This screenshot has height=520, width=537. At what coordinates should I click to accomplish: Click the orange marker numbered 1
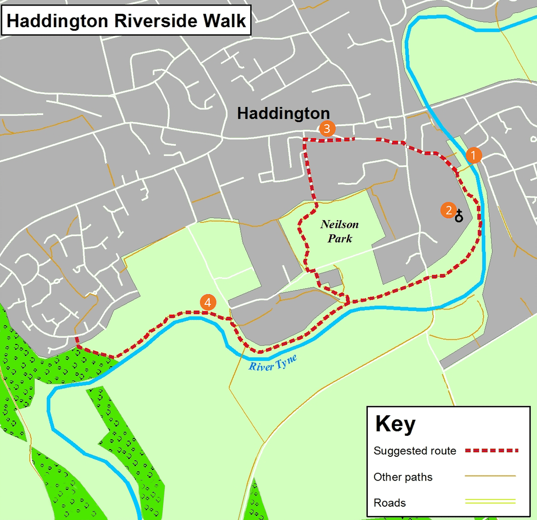pos(473,155)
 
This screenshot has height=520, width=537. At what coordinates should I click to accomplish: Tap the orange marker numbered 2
pos(448,210)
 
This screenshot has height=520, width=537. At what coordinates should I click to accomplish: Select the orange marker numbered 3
pos(327,128)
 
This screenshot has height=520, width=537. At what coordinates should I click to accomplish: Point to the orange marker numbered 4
pos(207,303)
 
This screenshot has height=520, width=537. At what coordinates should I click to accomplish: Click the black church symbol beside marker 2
pos(459,216)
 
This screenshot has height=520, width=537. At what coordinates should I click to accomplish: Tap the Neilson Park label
pos(340,231)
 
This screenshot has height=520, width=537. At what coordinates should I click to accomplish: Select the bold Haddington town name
pos(283,113)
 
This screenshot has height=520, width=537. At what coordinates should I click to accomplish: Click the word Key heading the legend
pos(395,425)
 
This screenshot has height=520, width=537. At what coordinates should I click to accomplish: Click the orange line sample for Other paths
pos(490,476)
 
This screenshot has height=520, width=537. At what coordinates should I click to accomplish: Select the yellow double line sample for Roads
pos(490,502)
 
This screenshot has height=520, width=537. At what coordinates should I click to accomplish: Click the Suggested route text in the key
pos(414,451)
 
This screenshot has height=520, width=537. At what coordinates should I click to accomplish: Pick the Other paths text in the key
pos(403,477)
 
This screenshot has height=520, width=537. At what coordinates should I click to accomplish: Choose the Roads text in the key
pos(389,503)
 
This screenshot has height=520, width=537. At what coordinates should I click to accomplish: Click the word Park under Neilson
pos(340,238)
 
